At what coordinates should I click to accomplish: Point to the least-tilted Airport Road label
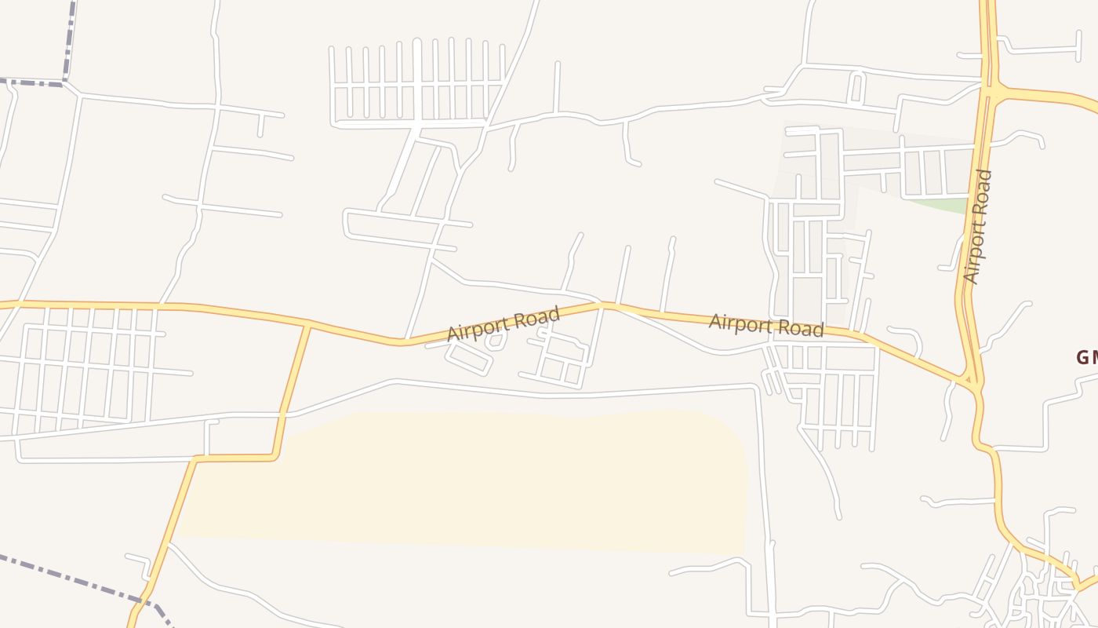coord(766,325)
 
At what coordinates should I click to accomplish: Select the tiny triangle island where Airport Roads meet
coord(970,380)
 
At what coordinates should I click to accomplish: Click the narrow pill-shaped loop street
coord(856,87)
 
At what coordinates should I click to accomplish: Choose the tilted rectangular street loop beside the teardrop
coord(469,358)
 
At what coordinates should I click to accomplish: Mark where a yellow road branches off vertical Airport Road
coord(993,93)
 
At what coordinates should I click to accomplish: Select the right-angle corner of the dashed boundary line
coord(64,82)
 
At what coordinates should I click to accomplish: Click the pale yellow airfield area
coord(471,479)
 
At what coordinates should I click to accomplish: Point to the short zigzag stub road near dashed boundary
coord(138,560)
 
